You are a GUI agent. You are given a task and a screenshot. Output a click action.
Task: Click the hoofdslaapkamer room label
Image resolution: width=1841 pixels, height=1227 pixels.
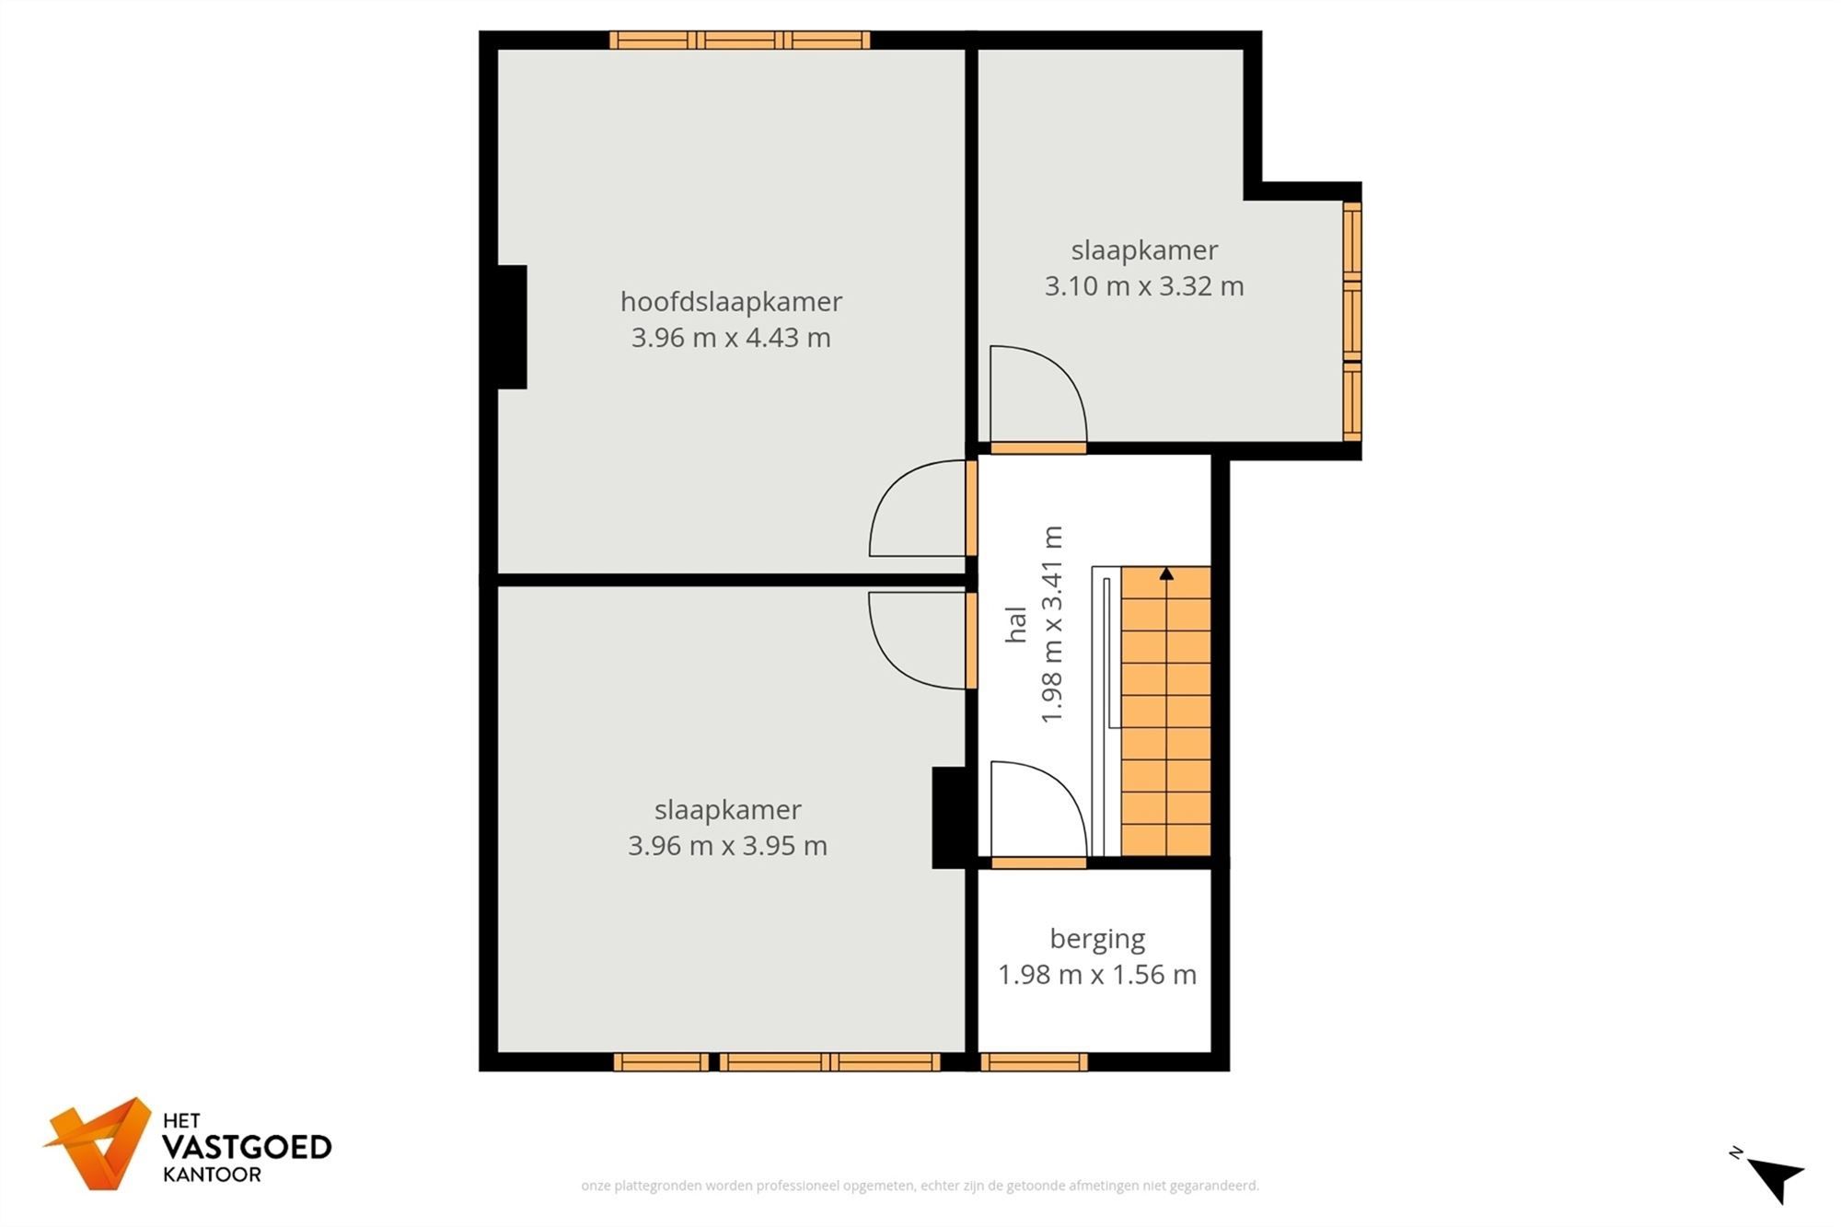tap(731, 301)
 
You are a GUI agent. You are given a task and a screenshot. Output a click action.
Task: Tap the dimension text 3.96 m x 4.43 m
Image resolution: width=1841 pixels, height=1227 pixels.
tap(731, 338)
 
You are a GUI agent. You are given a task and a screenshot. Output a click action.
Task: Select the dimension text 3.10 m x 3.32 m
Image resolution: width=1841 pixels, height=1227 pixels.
tap(1143, 286)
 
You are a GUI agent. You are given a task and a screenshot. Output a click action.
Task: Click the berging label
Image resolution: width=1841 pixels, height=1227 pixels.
tap(1097, 939)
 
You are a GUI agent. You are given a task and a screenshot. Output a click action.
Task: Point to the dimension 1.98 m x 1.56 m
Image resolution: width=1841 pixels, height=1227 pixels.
tap(1097, 975)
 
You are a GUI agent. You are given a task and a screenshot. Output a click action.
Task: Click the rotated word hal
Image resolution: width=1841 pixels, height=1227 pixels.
tap(1015, 624)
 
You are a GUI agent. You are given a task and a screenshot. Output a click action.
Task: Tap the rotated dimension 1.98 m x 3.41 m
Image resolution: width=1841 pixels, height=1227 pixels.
tap(1051, 624)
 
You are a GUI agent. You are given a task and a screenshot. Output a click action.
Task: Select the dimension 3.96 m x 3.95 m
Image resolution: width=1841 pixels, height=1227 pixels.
tap(727, 846)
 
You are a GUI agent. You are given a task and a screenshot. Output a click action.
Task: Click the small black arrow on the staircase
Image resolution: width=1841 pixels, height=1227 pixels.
tap(1166, 573)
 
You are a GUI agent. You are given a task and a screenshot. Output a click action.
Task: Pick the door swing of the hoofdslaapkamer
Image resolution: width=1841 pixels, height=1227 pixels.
tap(916, 511)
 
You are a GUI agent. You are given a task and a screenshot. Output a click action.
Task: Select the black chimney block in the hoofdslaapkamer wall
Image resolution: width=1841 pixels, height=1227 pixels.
tap(512, 327)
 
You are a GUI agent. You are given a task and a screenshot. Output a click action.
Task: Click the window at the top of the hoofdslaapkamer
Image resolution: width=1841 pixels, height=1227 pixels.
tap(739, 40)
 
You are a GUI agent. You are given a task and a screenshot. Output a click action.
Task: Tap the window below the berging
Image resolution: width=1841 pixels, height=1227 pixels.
tap(1034, 1062)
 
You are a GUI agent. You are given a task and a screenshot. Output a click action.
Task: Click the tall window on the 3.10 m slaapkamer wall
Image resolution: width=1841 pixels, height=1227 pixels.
tap(1351, 321)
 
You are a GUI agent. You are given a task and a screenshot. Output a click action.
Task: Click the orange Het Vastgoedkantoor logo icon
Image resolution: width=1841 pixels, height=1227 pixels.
tap(99, 1143)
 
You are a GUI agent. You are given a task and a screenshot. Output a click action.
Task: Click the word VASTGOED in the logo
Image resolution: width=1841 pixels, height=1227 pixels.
tap(247, 1147)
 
